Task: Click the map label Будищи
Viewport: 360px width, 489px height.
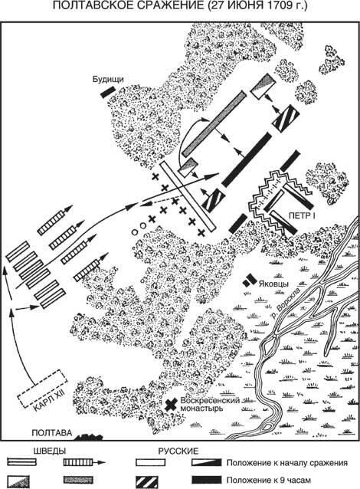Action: (108, 80)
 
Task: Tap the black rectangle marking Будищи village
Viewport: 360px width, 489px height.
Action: (106, 91)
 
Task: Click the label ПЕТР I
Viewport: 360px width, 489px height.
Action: (302, 215)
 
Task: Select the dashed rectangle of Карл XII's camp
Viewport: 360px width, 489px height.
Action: (43, 389)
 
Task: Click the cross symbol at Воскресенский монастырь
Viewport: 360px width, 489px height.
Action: (171, 405)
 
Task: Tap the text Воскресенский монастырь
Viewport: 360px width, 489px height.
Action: (210, 404)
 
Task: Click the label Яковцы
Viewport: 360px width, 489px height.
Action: (273, 284)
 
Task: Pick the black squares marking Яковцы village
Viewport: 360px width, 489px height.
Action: (249, 280)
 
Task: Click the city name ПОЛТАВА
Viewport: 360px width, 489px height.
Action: (52, 433)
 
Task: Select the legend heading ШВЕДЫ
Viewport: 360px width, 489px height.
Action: (49, 451)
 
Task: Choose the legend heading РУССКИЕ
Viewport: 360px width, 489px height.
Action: (178, 451)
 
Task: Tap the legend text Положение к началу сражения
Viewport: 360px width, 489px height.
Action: (287, 463)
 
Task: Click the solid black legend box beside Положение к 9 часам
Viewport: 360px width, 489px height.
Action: (207, 480)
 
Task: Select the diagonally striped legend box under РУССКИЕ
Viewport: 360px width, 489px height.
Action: (147, 481)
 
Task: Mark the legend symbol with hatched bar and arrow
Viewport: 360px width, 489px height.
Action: (85, 462)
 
